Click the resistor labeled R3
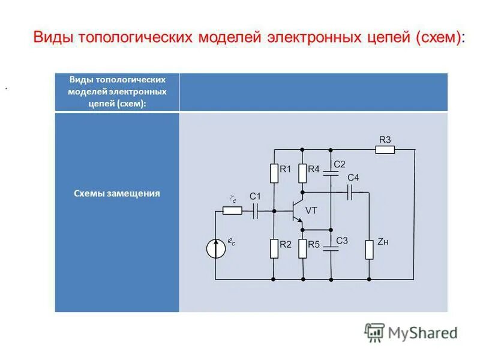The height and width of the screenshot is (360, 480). (385, 149)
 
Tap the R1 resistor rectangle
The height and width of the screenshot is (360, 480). (274, 173)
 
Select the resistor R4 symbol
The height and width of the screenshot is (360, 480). (302, 173)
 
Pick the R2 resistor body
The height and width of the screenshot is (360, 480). (274, 248)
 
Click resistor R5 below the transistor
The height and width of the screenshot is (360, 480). (302, 248)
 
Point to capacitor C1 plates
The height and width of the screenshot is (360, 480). (255, 211)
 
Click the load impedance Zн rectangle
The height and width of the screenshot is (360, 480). (369, 248)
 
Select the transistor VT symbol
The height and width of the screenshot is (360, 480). (296, 211)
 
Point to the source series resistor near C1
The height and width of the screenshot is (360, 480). (232, 211)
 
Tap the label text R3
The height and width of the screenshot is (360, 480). (385, 140)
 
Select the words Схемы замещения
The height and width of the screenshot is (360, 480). (117, 194)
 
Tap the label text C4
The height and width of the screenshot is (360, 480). (353, 178)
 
